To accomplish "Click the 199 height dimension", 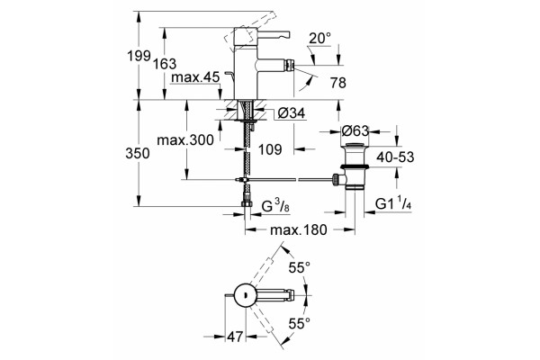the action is [x=139, y=56].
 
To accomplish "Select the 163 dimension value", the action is [x=165, y=64].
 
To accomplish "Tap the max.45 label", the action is [x=195, y=77].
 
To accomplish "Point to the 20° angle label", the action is [x=319, y=38].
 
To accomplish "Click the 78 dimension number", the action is [x=337, y=83].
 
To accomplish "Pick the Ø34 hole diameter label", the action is [x=291, y=112].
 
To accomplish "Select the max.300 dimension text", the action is [x=185, y=139].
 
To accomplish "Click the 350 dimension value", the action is [x=138, y=154].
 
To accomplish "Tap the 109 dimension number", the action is [x=270, y=149].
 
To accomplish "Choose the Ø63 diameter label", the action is [x=355, y=130].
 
